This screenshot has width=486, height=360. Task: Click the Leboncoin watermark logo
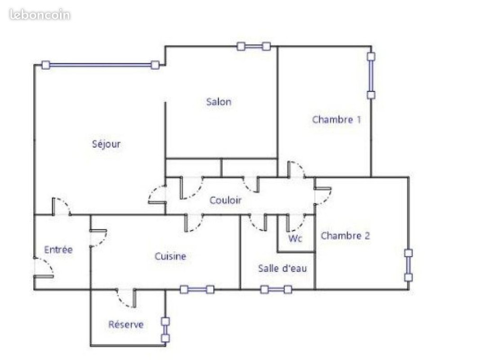(40, 15)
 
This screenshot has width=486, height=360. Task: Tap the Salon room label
(219, 102)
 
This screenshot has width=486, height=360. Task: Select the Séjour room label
(106, 144)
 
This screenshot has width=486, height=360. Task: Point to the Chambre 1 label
(336, 119)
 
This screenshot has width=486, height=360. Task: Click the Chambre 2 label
(346, 236)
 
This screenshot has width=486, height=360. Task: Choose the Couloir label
(225, 200)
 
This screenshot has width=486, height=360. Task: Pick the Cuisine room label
(170, 256)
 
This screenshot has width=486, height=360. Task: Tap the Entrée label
(58, 250)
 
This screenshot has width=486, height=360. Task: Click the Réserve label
(126, 324)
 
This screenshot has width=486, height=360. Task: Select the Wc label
(295, 238)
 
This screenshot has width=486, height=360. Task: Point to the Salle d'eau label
(282, 268)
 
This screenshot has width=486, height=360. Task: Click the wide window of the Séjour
(101, 65)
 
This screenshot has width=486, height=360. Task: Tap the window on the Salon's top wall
(253, 47)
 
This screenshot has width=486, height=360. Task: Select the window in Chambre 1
(371, 76)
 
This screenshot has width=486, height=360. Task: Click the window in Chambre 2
(409, 265)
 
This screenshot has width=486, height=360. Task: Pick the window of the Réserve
(166, 330)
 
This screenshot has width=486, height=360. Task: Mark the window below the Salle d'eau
(276, 290)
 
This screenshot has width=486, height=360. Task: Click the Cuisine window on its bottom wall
(197, 290)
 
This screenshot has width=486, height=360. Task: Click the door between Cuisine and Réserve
(126, 298)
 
